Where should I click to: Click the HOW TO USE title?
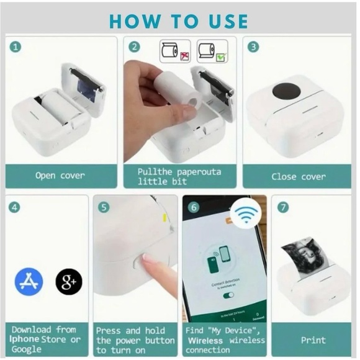tap(179, 20)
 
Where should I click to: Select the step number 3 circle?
tap(253, 47)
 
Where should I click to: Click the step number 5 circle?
tap(104, 207)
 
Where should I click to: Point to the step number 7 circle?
tap(283, 207)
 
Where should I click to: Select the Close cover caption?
tap(298, 176)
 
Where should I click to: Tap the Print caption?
tap(313, 340)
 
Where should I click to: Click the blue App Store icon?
tap(29, 282)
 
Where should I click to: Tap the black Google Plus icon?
tap(68, 282)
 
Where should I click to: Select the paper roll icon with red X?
tap(174, 52)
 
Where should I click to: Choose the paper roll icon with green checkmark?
tap(212, 52)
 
